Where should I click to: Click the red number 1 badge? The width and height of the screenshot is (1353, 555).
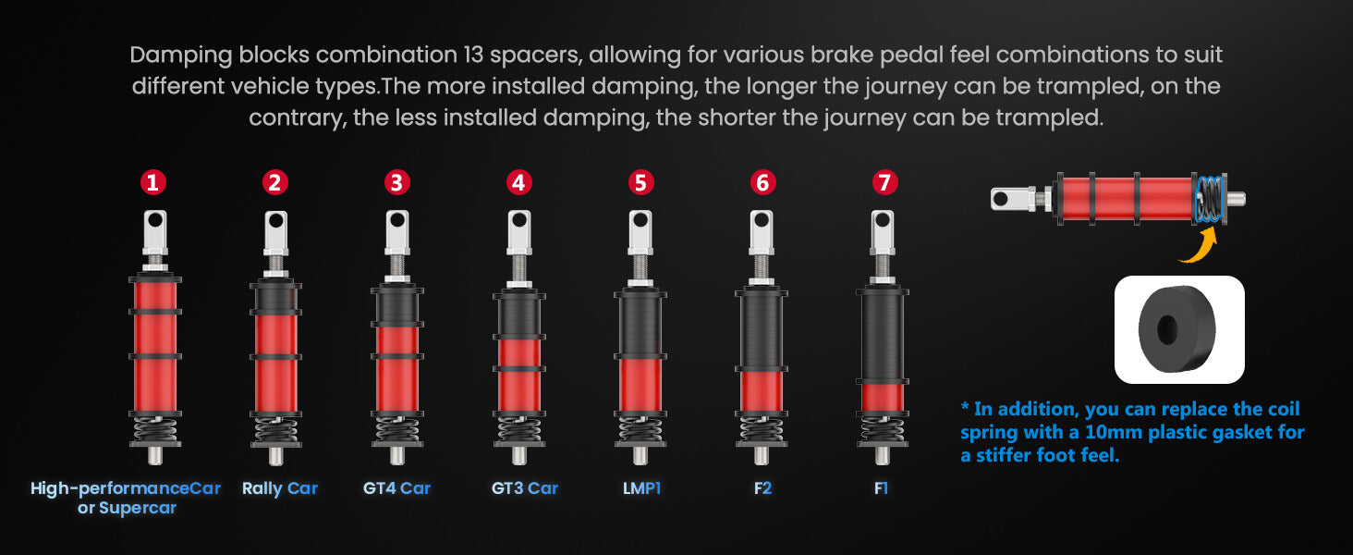tap(152, 182)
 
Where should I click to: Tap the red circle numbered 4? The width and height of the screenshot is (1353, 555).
tap(518, 182)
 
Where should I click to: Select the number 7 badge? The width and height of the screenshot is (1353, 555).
tap(884, 182)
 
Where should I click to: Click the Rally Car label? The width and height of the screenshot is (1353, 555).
tap(280, 488)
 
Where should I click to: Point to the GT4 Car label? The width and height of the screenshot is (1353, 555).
tap(396, 488)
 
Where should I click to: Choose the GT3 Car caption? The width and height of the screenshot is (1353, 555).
tap(524, 488)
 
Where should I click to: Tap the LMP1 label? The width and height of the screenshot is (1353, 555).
tap(641, 488)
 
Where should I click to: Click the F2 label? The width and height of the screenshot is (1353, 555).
tap(762, 488)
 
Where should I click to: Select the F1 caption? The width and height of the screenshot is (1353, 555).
tap(882, 488)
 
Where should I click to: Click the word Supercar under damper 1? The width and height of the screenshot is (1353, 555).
tap(138, 508)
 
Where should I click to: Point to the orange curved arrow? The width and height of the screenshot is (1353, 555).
tap(1201, 248)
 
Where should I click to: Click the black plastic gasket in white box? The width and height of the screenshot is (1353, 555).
tap(1176, 329)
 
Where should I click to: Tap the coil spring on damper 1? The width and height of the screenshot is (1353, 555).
tap(155, 430)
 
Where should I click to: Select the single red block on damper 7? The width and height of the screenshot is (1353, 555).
tap(883, 398)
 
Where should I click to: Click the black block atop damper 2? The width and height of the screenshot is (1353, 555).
tap(276, 296)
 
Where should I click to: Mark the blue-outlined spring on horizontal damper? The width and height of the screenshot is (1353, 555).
tap(1209, 199)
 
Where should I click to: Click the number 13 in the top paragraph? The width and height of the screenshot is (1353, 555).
tap(473, 55)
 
